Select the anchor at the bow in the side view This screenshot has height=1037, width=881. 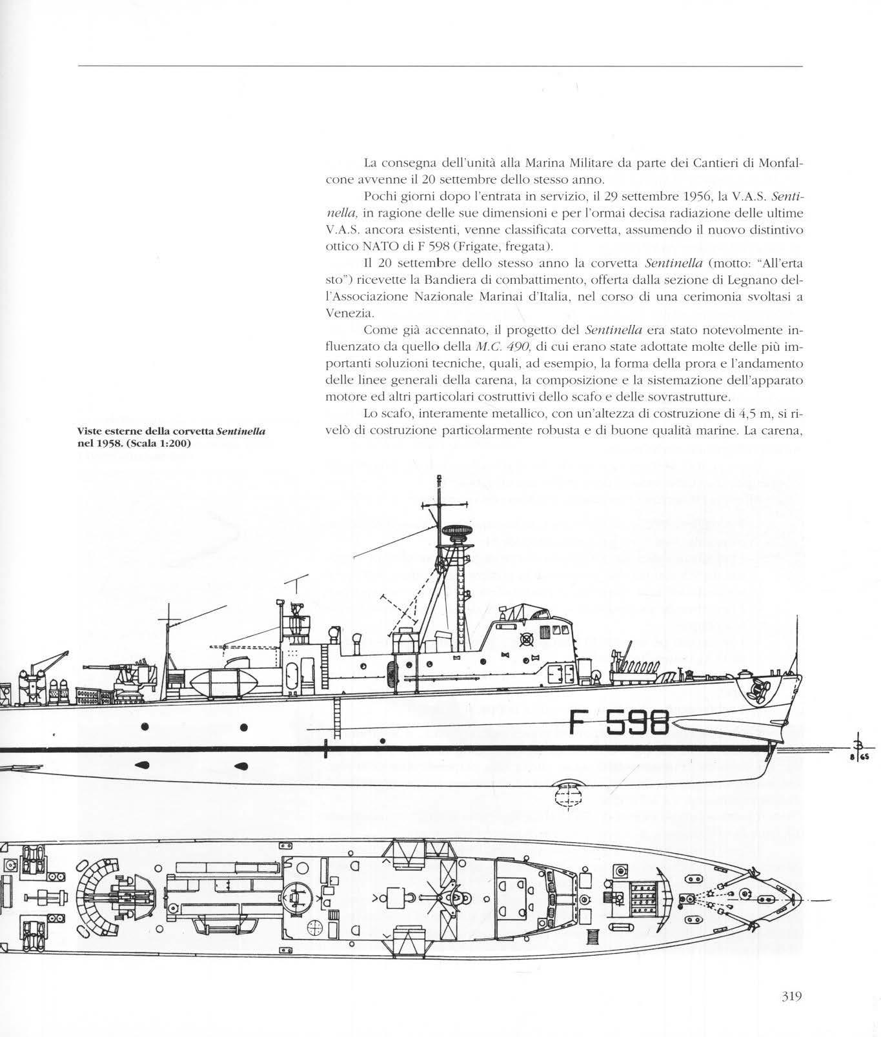[x=754, y=691]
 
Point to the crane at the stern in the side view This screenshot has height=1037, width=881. [x=50, y=665]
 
